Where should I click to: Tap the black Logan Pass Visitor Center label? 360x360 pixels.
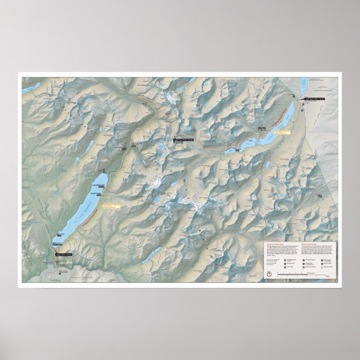coord(183,137)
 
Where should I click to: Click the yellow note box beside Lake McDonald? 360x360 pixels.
coord(112,205)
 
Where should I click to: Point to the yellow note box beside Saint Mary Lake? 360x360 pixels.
coord(284,132)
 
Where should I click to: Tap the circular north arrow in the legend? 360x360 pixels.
coord(269,274)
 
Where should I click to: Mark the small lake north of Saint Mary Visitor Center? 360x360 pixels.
coord(304,87)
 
